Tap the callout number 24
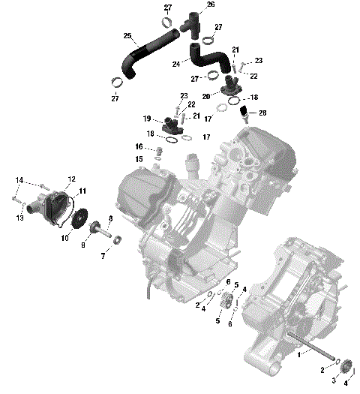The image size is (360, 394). click(x=177, y=65)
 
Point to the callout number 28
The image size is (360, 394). click(x=262, y=113)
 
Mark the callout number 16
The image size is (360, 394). click(x=139, y=146)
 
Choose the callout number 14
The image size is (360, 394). click(x=19, y=180)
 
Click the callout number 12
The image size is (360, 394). click(x=72, y=179)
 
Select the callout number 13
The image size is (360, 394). click(x=21, y=218)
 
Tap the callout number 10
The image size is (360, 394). click(x=64, y=238)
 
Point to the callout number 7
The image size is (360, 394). click(x=103, y=256)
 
